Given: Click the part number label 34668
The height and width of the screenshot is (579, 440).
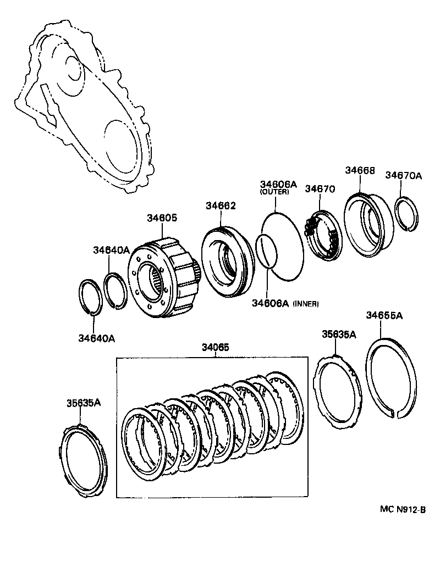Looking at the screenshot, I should click(x=360, y=170).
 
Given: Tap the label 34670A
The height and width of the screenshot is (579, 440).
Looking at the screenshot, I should click(x=403, y=175).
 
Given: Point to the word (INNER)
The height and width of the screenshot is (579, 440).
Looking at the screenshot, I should click(x=306, y=303).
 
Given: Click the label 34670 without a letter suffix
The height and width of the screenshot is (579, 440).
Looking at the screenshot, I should click(x=320, y=189).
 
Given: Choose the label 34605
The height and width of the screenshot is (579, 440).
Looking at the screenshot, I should click(x=162, y=218).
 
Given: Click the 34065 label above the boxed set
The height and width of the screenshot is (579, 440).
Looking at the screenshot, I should click(x=216, y=347).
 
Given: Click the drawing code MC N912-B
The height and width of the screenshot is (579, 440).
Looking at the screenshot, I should click(x=403, y=509).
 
